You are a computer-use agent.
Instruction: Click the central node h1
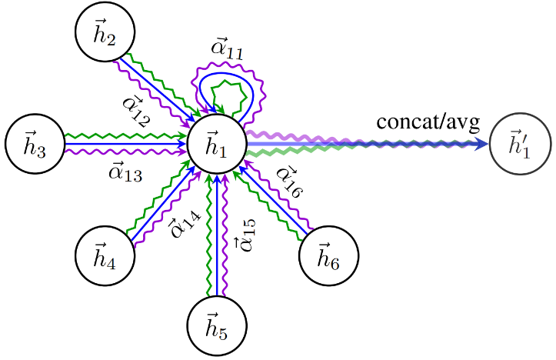pyautogui.click(x=217, y=144)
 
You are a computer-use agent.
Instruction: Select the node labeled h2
pyautogui.click(x=105, y=32)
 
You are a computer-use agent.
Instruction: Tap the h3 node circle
pyautogui.click(x=35, y=144)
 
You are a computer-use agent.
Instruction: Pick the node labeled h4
pyautogui.click(x=105, y=255)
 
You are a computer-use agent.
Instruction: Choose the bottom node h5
pyautogui.click(x=217, y=325)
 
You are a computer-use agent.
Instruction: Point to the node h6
pyautogui.click(x=328, y=255)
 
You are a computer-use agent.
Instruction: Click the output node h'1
pyautogui.click(x=520, y=144)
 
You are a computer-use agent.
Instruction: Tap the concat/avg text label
pyautogui.click(x=428, y=122)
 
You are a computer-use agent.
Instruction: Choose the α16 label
pyautogui.click(x=290, y=182)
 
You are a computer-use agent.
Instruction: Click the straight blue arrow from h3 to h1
pyautogui.click(x=125, y=144)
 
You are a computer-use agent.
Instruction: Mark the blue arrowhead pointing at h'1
pyautogui.click(x=481, y=144)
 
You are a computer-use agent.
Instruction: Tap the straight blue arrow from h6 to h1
pyautogui.click(x=274, y=201)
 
